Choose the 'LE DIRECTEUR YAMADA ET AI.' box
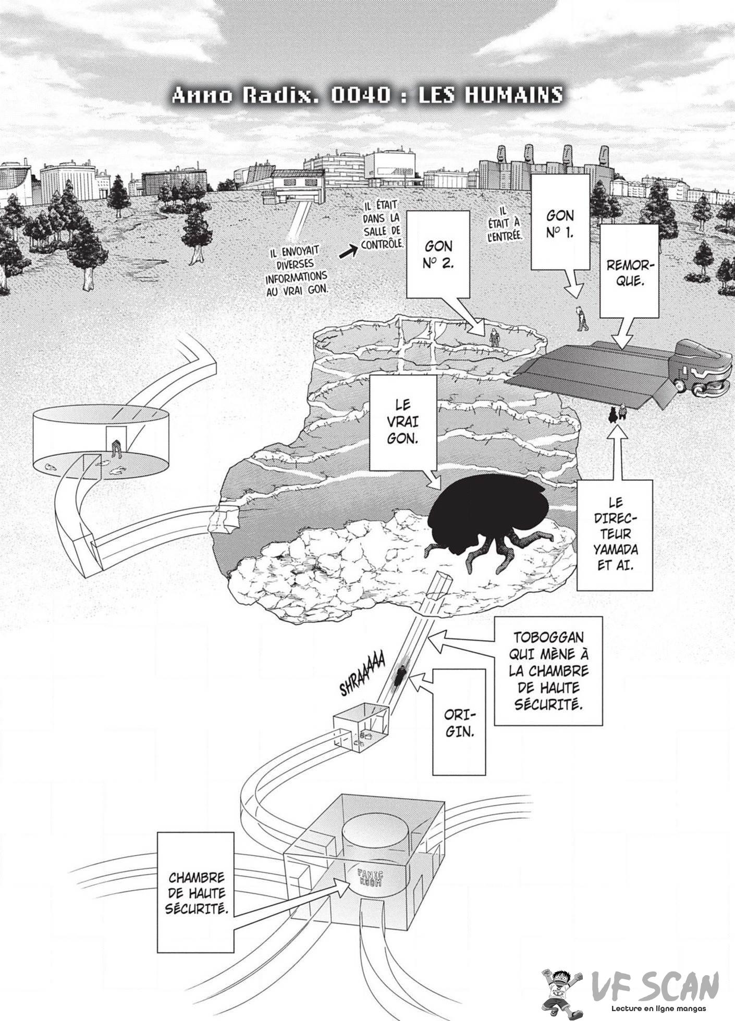pos(615,534)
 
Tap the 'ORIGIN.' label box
pos(460,720)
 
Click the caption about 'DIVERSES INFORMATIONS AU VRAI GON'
pos(299,271)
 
